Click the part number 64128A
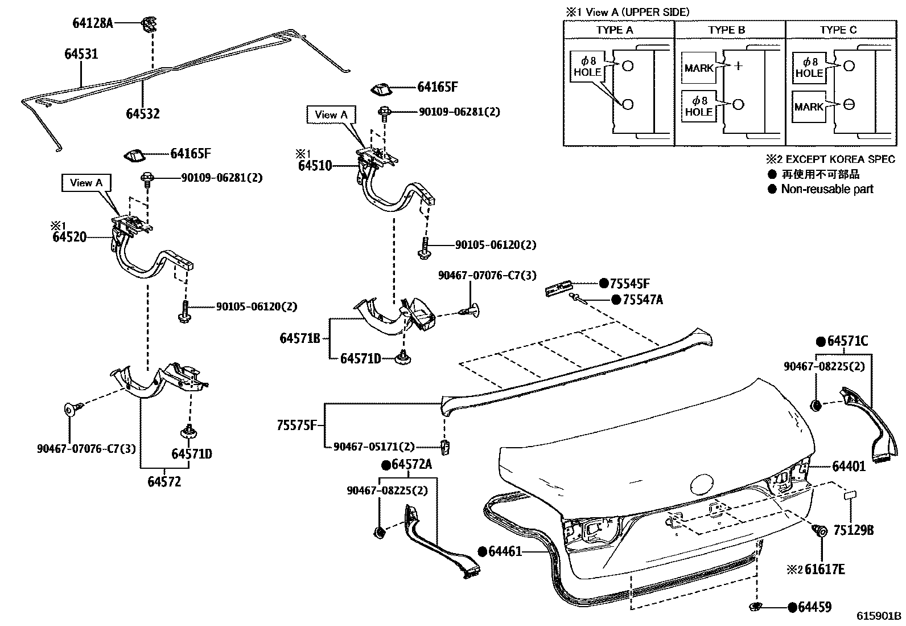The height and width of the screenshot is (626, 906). coord(93,23)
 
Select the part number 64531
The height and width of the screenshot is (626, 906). coord(81,54)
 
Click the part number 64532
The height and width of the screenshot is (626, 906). coord(143,114)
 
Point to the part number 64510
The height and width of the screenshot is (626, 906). coord(315,166)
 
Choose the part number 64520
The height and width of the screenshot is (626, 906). coord(69,236)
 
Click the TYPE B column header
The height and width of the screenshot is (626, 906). coord(726,30)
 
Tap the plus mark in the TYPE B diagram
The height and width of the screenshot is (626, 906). coord(738,66)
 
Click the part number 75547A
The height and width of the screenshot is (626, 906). coord(643,300)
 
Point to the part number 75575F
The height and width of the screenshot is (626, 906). coord(297,425)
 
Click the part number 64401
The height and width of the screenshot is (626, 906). coord(849,467)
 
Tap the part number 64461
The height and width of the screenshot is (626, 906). coord(505,551)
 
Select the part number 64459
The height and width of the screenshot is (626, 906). coord(815,607)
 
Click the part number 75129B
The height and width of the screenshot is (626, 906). coord(854,530)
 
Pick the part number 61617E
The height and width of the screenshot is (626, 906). coord(825,569)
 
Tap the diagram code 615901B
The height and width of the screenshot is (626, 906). coord(879,616)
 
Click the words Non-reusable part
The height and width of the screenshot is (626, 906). coord(827,189)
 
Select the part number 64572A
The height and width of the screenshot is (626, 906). coord(412,464)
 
